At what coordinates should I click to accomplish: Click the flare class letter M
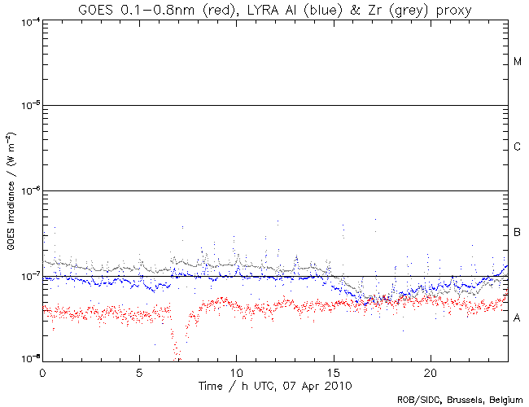coord(518,62)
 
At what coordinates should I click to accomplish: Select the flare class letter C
coord(518,147)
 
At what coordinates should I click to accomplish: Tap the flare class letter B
coord(518,234)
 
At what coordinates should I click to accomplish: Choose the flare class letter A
coord(518,318)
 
